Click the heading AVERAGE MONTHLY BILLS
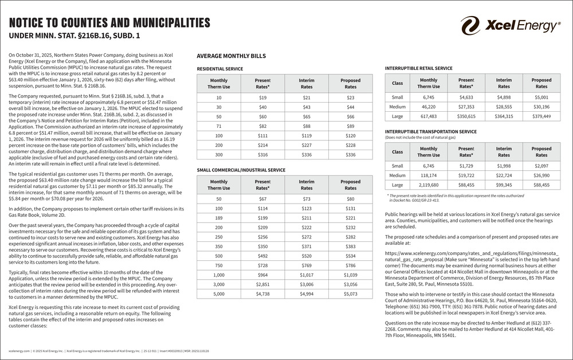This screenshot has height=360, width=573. pos(231,56)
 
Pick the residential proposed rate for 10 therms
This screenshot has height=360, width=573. pos(350,97)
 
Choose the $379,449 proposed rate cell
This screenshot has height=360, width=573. pos(541,116)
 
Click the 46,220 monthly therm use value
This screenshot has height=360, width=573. pos(429,107)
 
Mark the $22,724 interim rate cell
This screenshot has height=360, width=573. pos(504,175)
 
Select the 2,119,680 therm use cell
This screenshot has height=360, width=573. pos(429,185)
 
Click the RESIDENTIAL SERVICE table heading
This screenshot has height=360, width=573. pos(219,69)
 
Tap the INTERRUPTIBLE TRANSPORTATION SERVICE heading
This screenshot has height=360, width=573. pos(431,132)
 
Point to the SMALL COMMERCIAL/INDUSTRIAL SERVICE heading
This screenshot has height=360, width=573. pos(241,170)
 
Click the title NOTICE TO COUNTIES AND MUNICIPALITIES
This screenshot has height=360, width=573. pos(109,23)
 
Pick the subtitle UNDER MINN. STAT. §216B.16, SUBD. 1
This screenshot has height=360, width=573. pos(74,36)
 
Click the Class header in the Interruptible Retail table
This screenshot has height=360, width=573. pos(397,83)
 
